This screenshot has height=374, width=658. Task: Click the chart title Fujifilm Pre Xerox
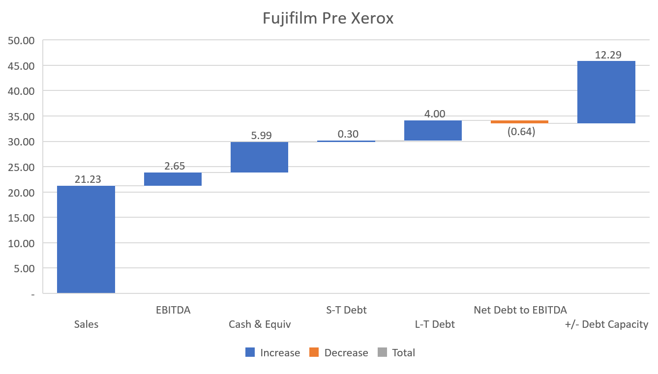coord(328,18)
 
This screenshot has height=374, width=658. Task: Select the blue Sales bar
coord(86,239)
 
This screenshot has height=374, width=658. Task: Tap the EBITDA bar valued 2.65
coord(173,179)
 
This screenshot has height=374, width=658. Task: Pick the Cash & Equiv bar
coord(259,157)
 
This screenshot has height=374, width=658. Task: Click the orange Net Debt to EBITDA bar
coord(519,122)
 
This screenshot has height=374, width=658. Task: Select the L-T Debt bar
coord(433,131)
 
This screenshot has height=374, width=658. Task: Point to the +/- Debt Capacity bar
coord(606,92)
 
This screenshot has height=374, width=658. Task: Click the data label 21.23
coord(88,179)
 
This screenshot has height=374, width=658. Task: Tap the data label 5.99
coord(261,136)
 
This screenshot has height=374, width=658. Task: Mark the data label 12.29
coord(608,55)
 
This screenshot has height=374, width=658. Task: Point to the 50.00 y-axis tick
coord(21,40)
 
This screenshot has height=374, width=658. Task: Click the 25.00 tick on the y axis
coord(21,167)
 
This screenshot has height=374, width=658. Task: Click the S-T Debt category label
coord(346,310)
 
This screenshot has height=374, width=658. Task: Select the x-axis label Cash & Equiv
coord(260,324)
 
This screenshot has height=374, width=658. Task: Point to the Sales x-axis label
coord(86,324)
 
